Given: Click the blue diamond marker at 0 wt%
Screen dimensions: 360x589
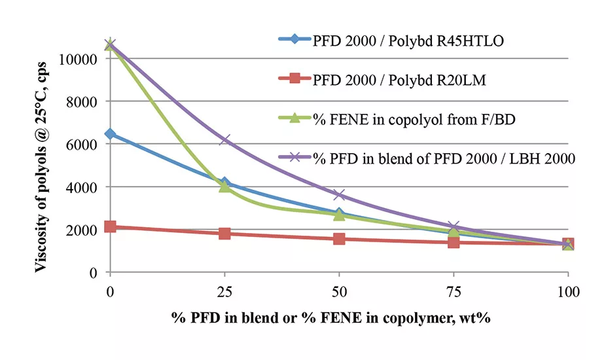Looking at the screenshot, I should tap(110, 134).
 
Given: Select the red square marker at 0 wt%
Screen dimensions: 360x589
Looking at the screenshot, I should tap(110, 226).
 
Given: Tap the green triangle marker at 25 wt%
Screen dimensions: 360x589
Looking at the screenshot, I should tap(224, 186).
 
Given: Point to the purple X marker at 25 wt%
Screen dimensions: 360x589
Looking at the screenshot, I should tap(224, 139).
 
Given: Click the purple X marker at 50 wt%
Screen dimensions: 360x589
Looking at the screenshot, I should tap(339, 195).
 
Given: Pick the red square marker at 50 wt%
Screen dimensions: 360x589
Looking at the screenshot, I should tap(339, 239).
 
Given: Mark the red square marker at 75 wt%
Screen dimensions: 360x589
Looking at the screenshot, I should tap(454, 242).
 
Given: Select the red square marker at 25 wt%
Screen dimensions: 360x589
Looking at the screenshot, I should tap(224, 234).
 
